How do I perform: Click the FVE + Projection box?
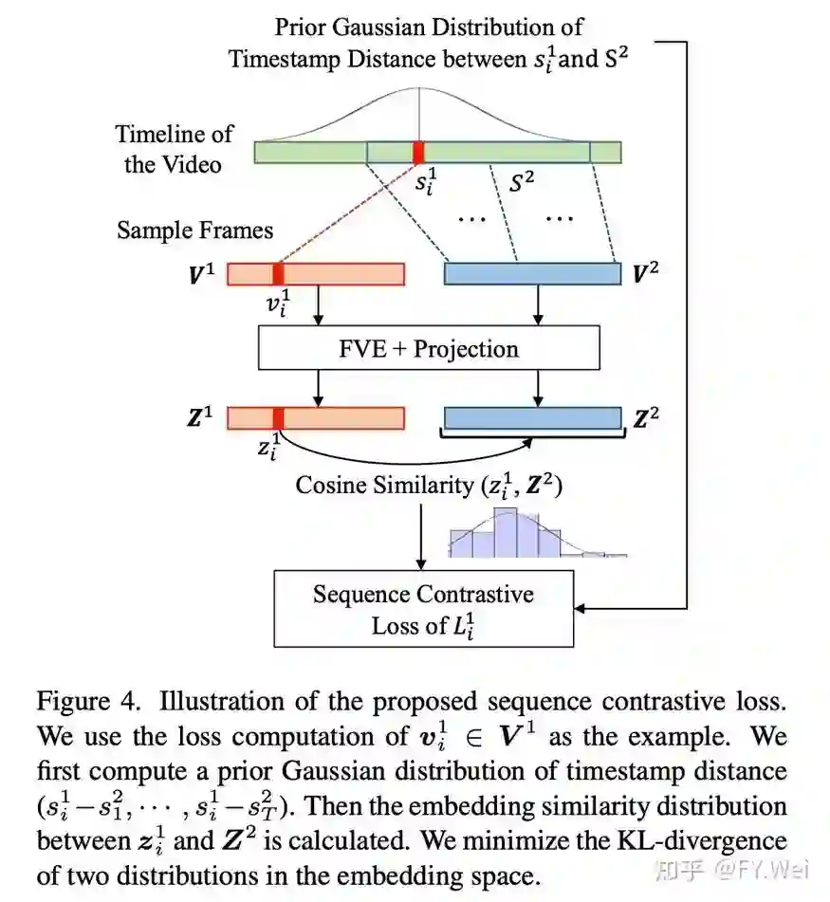pyautogui.click(x=429, y=348)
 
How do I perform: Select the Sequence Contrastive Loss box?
pyautogui.click(x=423, y=609)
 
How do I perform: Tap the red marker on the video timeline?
pyautogui.click(x=418, y=152)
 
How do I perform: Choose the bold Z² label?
pyautogui.click(x=646, y=418)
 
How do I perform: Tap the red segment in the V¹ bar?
pyautogui.click(x=278, y=274)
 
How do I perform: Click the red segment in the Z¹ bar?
pyautogui.click(x=278, y=418)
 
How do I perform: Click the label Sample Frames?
pyautogui.click(x=194, y=230)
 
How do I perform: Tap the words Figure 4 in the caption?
pyautogui.click(x=90, y=703)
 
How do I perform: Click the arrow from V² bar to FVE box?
pyautogui.click(x=540, y=306)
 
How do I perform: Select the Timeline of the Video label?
pyautogui.click(x=174, y=149)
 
